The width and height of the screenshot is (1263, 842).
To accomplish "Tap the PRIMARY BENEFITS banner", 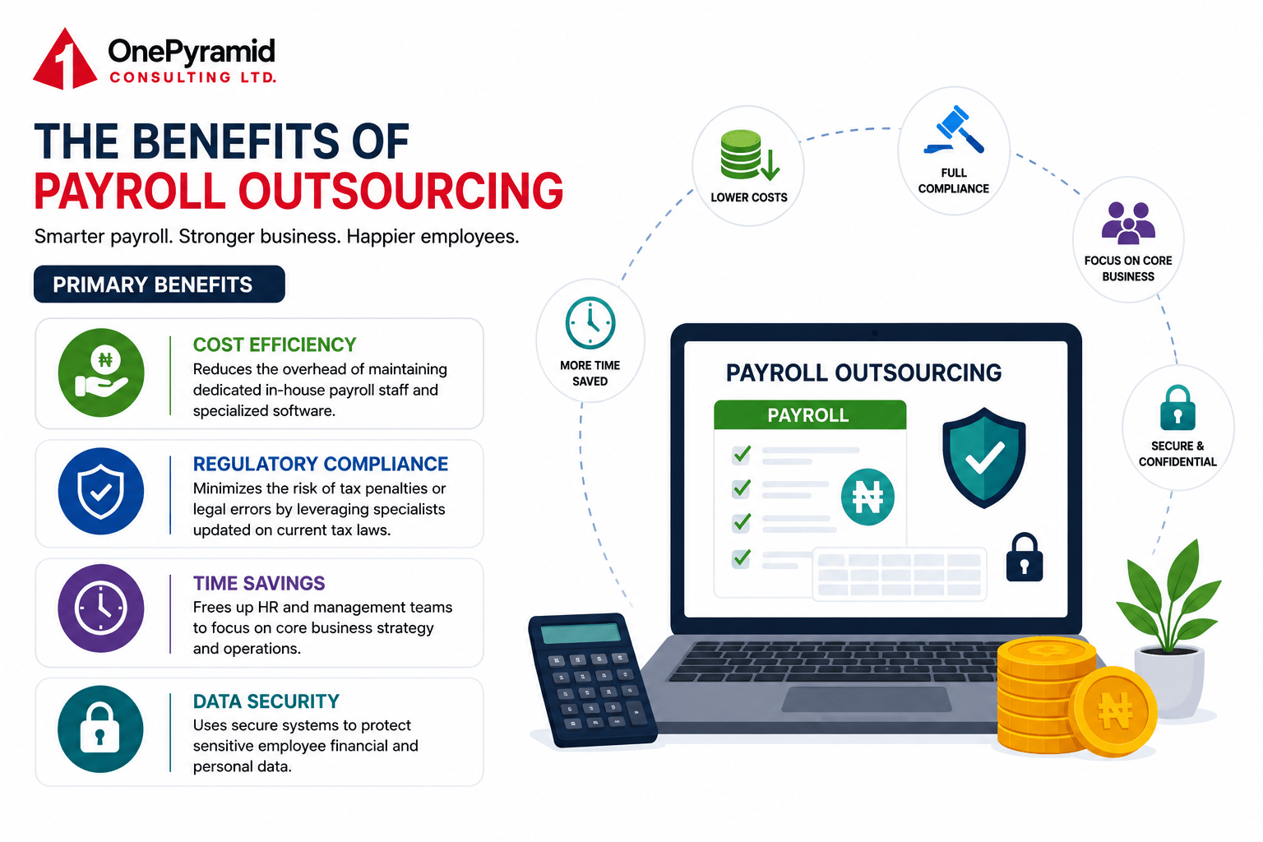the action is [159, 285].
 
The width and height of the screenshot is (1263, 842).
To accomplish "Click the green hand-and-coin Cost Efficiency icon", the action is [101, 372].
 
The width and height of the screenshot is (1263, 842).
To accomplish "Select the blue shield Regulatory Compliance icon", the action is [101, 491].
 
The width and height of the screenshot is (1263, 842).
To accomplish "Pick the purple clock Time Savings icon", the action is [101, 608].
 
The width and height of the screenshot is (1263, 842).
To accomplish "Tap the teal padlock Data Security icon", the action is [100, 729].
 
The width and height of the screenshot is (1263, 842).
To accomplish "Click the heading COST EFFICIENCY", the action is [275, 345].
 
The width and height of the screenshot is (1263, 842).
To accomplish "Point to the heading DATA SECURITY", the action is [266, 701].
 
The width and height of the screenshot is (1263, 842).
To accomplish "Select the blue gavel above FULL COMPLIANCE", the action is [954, 130].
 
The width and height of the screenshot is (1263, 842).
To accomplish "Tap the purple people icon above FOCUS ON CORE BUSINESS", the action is [1128, 223].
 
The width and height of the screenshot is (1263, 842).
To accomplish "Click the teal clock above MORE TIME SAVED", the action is [590, 323].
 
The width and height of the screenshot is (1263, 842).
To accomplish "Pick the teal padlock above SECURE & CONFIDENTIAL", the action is [1177, 408].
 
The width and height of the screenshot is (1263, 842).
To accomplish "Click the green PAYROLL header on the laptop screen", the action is [810, 415].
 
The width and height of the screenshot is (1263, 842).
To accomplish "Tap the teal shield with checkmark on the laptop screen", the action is [984, 457].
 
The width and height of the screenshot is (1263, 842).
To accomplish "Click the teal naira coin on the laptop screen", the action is [867, 497].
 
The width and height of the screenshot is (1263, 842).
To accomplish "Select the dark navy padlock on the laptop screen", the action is [1025, 557].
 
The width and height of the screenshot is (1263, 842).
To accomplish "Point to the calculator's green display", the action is [581, 632].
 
